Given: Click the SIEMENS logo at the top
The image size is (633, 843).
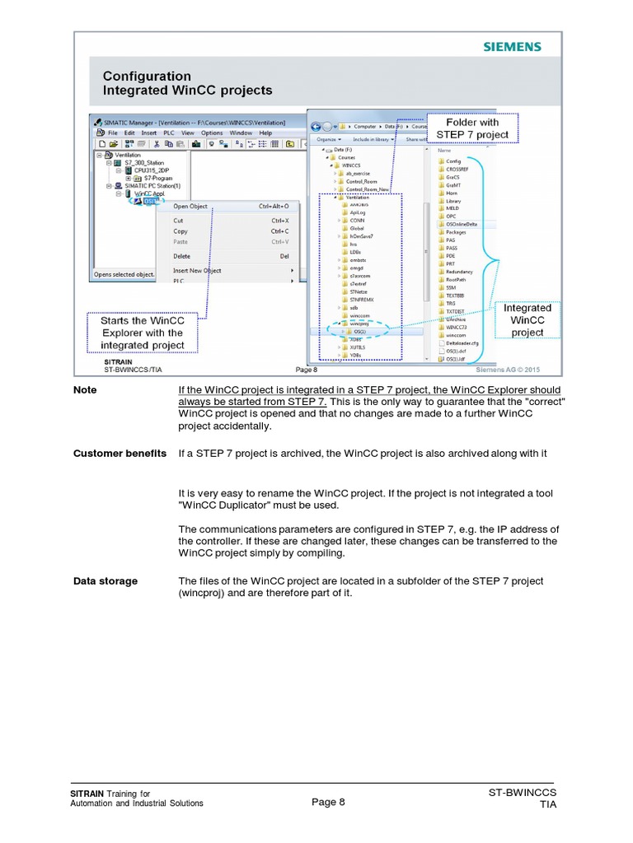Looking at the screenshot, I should click(512, 47).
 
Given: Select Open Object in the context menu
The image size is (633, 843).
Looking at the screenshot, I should click(190, 207).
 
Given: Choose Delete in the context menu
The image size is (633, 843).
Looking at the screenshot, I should click(181, 256).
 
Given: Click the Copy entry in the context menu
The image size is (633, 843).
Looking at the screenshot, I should click(181, 231).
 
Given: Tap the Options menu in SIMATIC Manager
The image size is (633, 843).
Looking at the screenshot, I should click(212, 133).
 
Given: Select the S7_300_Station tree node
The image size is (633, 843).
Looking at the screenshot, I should click(143, 163).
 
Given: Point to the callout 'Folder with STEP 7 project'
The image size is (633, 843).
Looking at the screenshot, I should click(472, 128).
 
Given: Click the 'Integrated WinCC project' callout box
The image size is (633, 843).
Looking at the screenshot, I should click(527, 320).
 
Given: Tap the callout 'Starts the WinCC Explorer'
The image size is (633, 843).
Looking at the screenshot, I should click(143, 333).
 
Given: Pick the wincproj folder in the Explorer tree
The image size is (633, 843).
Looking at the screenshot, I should click(359, 324).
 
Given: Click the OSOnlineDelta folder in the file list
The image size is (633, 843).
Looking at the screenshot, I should click(461, 224).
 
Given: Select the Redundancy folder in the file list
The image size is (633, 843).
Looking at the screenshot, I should click(459, 272).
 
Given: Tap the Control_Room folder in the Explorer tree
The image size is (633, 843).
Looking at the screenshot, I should click(362, 181).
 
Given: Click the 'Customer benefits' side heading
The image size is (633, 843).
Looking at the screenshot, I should click(120, 454).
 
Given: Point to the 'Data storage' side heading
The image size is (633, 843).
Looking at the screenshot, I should click(105, 581).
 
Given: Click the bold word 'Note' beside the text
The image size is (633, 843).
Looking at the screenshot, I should click(85, 390).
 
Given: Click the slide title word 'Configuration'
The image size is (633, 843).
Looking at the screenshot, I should click(147, 77).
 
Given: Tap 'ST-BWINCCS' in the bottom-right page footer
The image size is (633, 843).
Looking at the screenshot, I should click(523, 793).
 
